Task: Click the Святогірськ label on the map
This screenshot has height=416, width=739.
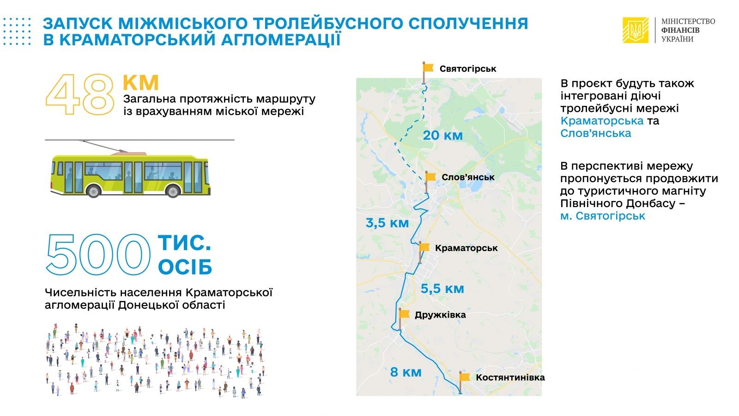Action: point(468,69)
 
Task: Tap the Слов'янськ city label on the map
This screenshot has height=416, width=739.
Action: point(468,177)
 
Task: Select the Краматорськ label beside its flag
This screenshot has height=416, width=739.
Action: point(466,248)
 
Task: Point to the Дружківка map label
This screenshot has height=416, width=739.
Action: point(440,315)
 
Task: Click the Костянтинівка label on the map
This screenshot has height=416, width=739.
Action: point(510,377)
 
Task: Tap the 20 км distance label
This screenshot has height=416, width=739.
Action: point(443,135)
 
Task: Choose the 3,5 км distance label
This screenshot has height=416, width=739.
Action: point(387,223)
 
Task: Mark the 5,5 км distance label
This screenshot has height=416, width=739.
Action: point(442,289)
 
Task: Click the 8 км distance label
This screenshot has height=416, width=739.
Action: point(406,372)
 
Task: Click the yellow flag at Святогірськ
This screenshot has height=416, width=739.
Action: point(428,67)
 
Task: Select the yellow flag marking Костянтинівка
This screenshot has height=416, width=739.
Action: point(465,377)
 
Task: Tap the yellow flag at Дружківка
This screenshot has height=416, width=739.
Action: point(405,314)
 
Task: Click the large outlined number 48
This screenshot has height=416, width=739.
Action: point(80,94)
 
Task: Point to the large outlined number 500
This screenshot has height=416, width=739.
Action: point(98,254)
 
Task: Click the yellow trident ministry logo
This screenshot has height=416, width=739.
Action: point(636,30)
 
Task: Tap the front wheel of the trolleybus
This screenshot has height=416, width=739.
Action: point(173,191)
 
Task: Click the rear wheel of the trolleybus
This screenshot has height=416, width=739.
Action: point(93,191)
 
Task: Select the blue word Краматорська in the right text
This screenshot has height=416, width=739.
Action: point(602,121)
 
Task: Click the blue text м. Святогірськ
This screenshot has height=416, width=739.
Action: point(602,216)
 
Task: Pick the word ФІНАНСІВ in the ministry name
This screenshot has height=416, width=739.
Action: point(680,31)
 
